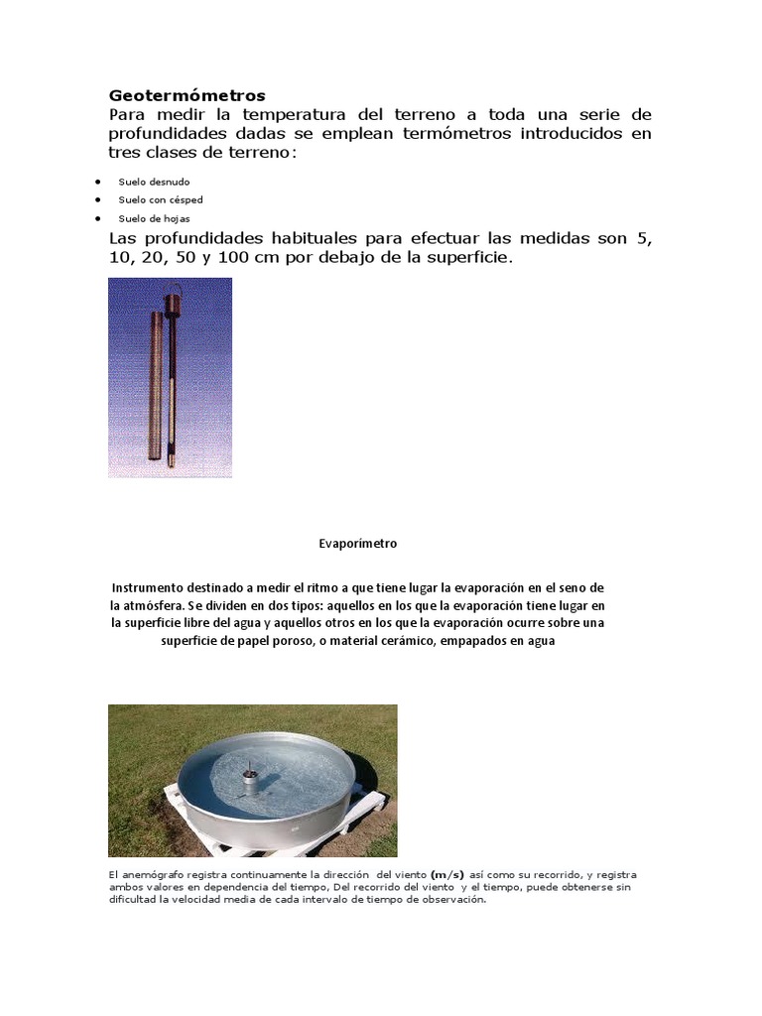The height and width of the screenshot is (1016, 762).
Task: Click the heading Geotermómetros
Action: pyautogui.click(x=187, y=95)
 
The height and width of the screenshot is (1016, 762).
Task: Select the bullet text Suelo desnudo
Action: pyautogui.click(x=154, y=183)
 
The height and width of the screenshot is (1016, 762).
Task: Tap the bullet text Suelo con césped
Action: pyautogui.click(x=161, y=200)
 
